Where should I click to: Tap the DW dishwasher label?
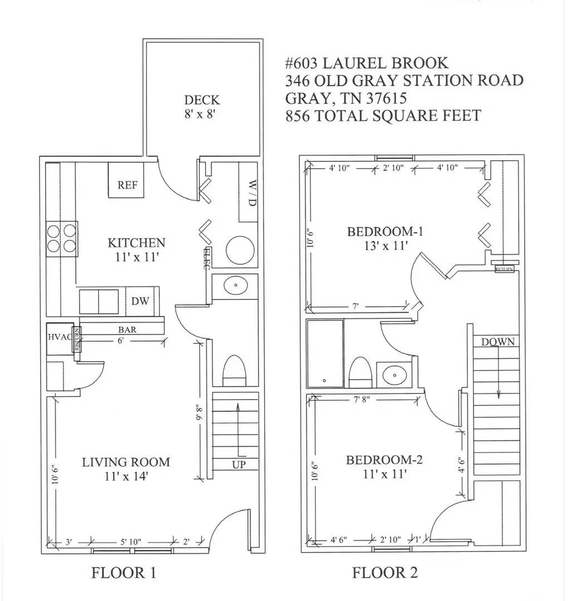140,301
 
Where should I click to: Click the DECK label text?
202,100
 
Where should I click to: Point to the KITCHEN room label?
136,243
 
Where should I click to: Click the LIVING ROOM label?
126,462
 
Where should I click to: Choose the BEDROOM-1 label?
385,231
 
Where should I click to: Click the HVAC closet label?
58,337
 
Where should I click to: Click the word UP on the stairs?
238,465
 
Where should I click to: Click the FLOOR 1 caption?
124,572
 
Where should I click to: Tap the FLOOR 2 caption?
384,572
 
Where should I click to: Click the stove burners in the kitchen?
61,238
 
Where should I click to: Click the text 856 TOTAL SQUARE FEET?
383,116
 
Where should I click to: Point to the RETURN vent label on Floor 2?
504,269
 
